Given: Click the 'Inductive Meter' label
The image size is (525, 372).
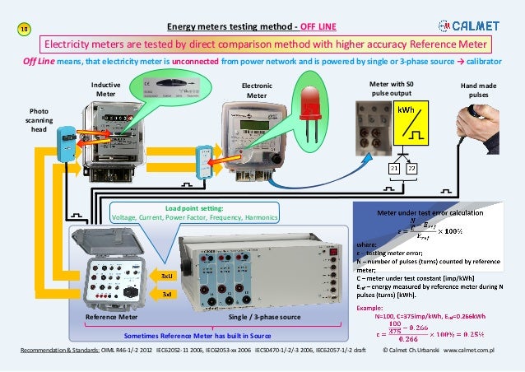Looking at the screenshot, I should click(x=105, y=89).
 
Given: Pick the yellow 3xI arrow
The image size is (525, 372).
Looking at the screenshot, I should click(x=165, y=293).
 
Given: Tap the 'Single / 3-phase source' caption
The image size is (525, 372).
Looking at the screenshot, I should click(x=264, y=318).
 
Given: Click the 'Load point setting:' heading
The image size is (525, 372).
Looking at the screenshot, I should click(x=194, y=208).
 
